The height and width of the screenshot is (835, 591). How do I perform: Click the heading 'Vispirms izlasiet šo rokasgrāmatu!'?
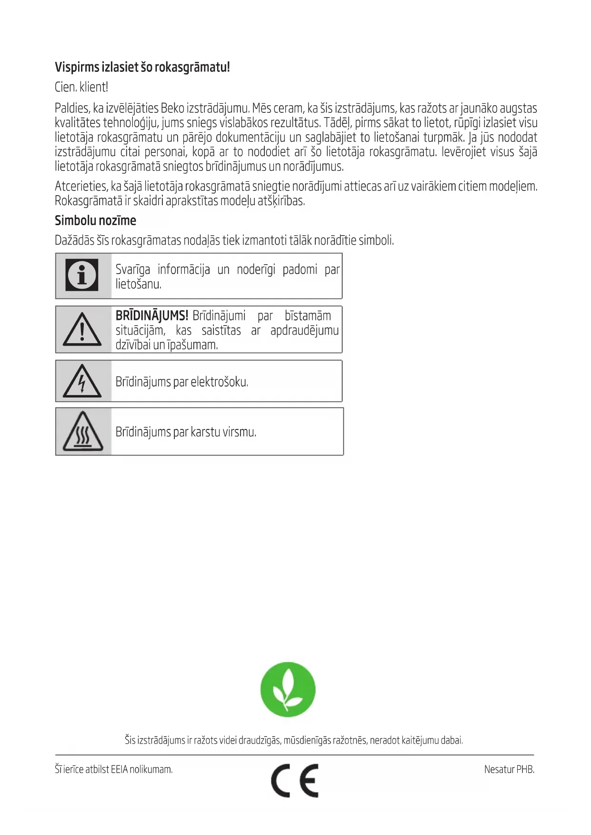click(x=142, y=67)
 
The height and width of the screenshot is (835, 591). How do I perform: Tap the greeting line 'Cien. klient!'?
click(x=81, y=87)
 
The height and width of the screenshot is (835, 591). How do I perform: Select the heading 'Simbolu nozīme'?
click(x=95, y=220)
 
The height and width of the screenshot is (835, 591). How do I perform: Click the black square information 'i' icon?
click(x=82, y=275)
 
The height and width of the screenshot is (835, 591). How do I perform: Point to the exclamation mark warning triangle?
click(x=82, y=329)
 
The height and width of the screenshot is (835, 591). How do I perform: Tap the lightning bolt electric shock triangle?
click(x=82, y=382)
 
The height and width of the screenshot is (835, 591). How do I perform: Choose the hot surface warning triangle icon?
click(x=83, y=432)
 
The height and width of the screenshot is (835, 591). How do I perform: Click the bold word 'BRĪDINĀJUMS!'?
click(x=152, y=316)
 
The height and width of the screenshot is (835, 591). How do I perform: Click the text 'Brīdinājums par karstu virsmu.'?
click(x=186, y=432)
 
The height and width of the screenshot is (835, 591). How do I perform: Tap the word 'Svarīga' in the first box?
click(x=133, y=270)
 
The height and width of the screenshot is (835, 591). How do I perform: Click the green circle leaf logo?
click(x=288, y=689)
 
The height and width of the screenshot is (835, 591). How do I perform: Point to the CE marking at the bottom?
click(x=295, y=780)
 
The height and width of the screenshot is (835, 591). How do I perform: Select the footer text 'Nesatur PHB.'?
click(x=509, y=769)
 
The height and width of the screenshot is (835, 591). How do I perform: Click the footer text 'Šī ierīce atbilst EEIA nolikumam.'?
click(x=113, y=769)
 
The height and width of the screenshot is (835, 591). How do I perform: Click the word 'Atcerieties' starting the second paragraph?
click(x=81, y=187)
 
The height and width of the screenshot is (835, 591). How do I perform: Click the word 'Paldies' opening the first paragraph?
click(x=72, y=109)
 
